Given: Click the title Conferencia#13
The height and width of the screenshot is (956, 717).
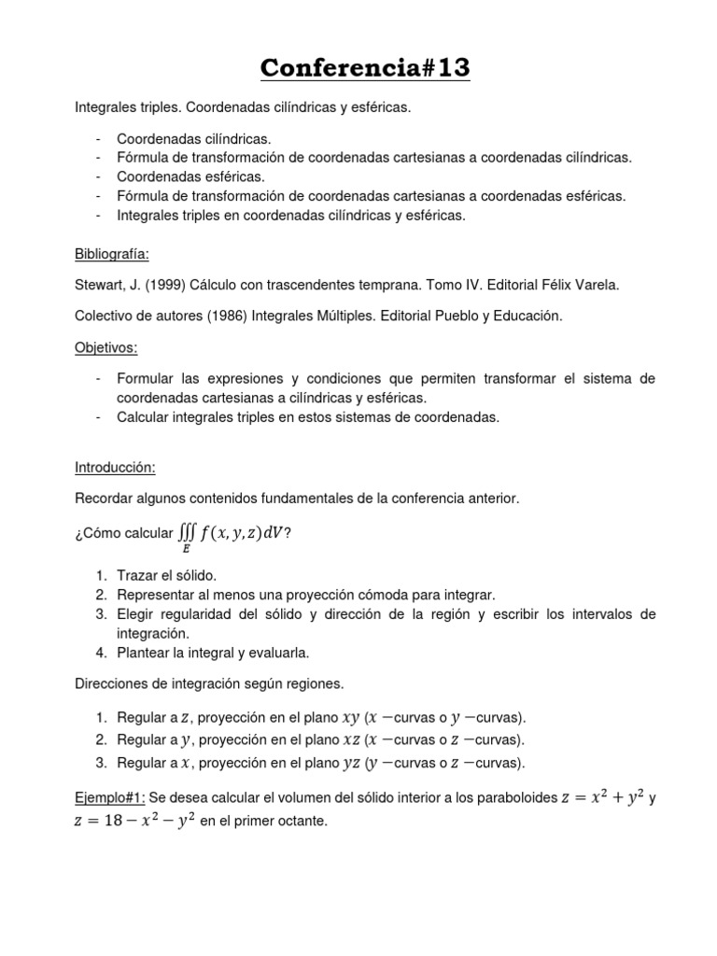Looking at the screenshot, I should click(365, 68).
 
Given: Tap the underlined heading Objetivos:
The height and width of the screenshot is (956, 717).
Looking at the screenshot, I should click(105, 347).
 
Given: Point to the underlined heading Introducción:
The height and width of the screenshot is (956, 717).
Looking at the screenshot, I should click(115, 467).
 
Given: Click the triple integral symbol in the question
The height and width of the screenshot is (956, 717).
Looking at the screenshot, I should click(187, 531).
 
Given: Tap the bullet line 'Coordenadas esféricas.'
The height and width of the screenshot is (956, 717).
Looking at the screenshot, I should click(191, 176).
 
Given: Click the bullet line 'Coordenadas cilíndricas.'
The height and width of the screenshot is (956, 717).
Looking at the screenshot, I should click(194, 138).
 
